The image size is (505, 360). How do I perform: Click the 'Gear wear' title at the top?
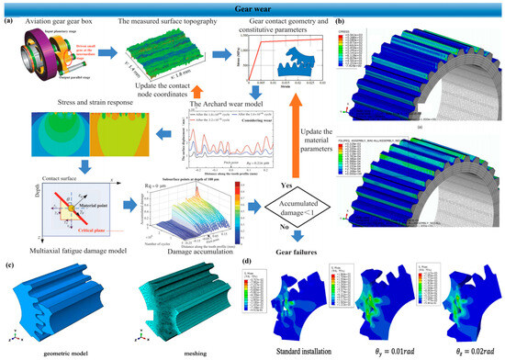pos(252,7)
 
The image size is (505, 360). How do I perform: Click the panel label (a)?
pos(8,20)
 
